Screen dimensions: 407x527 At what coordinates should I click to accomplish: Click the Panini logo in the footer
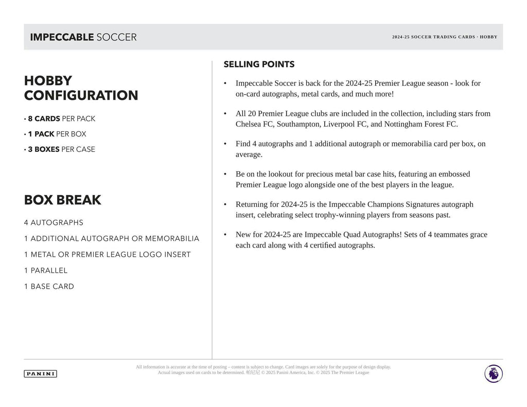click(40, 374)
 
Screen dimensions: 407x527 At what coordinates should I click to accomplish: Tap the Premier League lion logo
click(493, 373)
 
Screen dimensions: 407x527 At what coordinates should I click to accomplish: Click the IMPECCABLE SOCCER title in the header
click(83, 37)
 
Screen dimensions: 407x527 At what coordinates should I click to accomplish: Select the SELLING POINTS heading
click(259, 64)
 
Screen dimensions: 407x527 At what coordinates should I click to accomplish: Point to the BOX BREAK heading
click(62, 200)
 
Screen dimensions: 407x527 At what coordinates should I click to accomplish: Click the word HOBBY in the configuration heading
click(48, 81)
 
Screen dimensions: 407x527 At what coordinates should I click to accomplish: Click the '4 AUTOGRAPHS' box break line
click(54, 223)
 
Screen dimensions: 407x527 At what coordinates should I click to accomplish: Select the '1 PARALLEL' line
click(46, 271)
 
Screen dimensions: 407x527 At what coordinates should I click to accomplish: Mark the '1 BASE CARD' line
click(49, 287)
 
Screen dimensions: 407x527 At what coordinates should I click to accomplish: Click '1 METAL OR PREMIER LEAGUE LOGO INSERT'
click(107, 255)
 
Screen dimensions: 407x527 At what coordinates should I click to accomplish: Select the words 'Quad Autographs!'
click(372, 235)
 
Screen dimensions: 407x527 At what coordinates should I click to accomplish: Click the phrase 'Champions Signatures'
click(395, 204)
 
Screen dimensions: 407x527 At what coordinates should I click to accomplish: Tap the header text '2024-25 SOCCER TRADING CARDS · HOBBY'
click(444, 37)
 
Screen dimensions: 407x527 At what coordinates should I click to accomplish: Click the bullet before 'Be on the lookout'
click(225, 174)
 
